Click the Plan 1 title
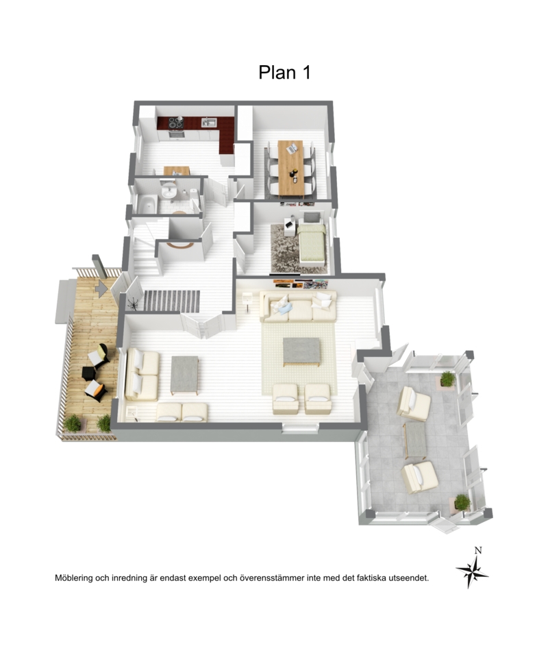tap(284, 72)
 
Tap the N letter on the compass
tap(478, 551)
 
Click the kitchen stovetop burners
tap(175, 123)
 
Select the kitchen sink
tap(209, 122)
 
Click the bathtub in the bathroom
tap(147, 204)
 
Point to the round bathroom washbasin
tap(169, 191)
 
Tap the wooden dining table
tap(290, 167)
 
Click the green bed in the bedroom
tap(311, 243)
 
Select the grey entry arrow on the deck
tap(101, 288)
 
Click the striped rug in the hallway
tap(172, 301)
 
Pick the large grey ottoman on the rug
tap(301, 352)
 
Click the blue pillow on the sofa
tap(286, 309)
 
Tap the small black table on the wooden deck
tap(88, 373)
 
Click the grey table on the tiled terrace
tap(416, 440)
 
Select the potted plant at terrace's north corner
tap(447, 380)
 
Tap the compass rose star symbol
tap(473, 571)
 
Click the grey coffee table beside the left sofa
tap(185, 375)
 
